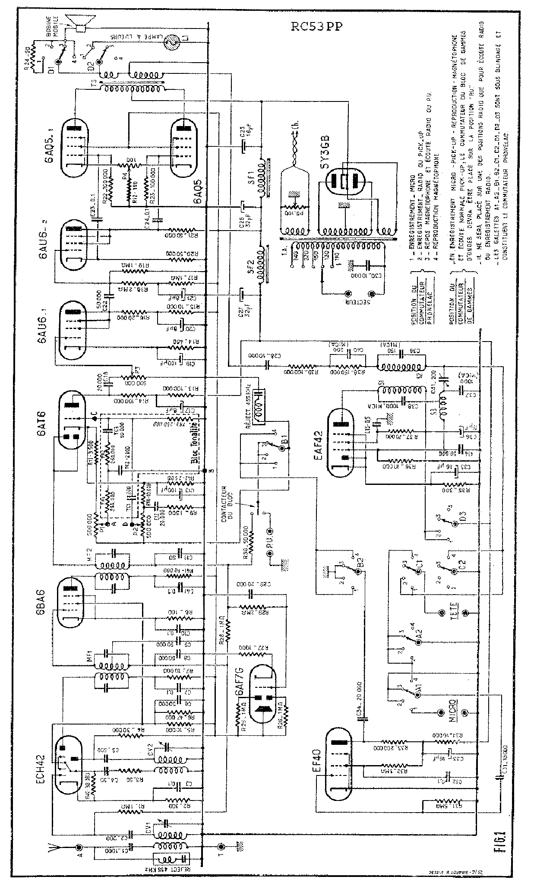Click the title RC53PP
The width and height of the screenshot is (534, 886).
(317, 27)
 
